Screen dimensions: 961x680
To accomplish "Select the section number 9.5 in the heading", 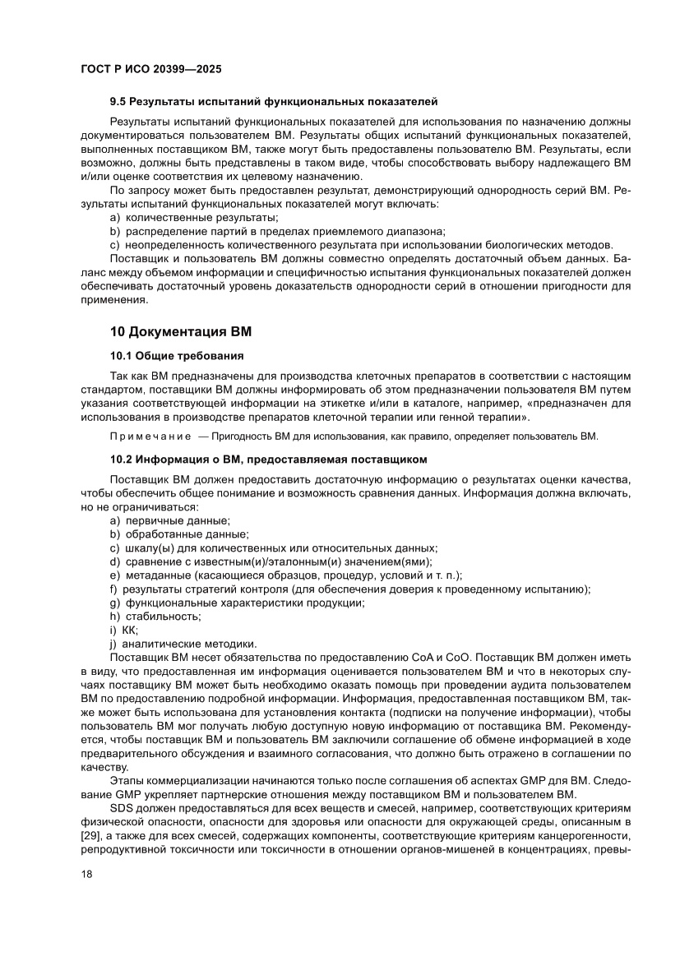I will click(x=120, y=101).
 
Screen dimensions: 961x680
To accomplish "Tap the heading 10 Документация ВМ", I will click(x=181, y=332).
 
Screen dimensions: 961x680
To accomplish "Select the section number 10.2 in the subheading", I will click(x=123, y=458).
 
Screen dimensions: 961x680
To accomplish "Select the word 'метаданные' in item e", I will click(x=157, y=575).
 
